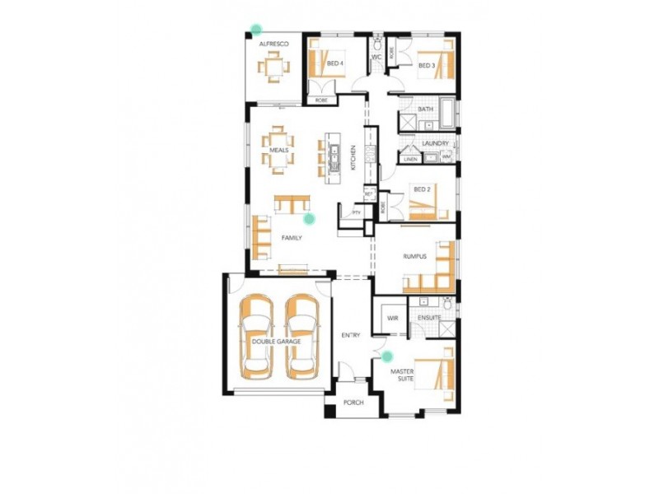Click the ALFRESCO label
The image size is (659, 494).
(x=272, y=43)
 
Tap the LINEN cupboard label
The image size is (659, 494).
(x=409, y=159)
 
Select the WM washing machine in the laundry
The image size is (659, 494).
(x=445, y=157)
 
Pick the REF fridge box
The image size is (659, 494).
(x=369, y=193)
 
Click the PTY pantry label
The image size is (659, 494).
(x=357, y=212)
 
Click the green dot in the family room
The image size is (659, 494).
(x=310, y=218)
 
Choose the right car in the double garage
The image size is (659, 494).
(x=301, y=338)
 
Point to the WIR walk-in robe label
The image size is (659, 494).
(x=392, y=317)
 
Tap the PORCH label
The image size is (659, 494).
(x=353, y=403)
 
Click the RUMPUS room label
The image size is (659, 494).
(x=415, y=257)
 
